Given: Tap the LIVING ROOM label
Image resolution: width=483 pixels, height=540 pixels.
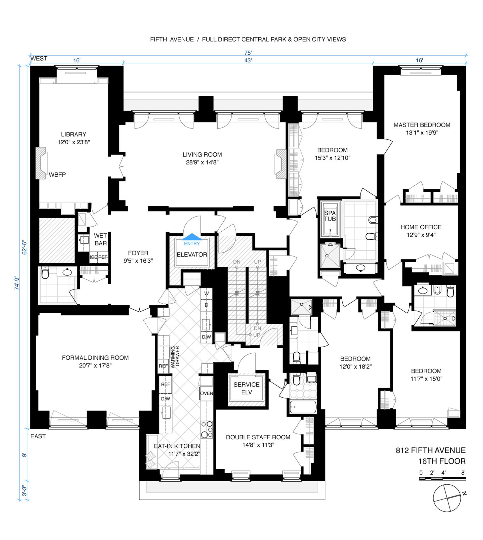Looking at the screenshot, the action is click(202, 155).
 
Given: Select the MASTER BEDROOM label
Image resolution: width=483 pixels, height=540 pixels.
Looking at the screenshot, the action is click(422, 125).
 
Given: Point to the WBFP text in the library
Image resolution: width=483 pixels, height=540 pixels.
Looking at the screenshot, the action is click(57, 175).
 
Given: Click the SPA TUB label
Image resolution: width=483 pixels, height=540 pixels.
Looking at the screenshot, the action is click(330, 216).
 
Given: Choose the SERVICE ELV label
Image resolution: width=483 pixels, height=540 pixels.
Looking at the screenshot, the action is click(247, 388).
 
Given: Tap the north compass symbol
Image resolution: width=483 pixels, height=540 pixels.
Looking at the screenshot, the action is click(447, 498).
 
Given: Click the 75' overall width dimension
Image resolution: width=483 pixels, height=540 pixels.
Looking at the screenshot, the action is click(248, 53).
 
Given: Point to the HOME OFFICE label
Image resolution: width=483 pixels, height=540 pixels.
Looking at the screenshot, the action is click(421, 227).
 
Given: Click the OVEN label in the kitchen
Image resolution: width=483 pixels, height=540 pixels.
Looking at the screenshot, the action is click(207, 393).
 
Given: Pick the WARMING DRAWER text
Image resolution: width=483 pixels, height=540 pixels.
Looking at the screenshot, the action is click(175, 357).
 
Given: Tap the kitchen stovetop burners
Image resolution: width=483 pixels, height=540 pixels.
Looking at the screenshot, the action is click(207, 429).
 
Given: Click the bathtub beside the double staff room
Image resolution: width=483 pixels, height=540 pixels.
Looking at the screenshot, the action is click(303, 407).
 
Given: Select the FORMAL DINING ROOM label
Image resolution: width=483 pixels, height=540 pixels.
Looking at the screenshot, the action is click(95, 358).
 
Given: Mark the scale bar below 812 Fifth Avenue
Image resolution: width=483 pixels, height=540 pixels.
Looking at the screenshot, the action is click(442, 479).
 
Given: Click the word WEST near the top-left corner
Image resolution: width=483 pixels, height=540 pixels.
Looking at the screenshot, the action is click(39, 58).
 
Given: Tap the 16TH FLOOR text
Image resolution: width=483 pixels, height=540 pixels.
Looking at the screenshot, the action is click(442, 461).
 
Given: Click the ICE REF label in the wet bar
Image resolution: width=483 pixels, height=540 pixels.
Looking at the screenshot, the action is click(98, 257).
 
